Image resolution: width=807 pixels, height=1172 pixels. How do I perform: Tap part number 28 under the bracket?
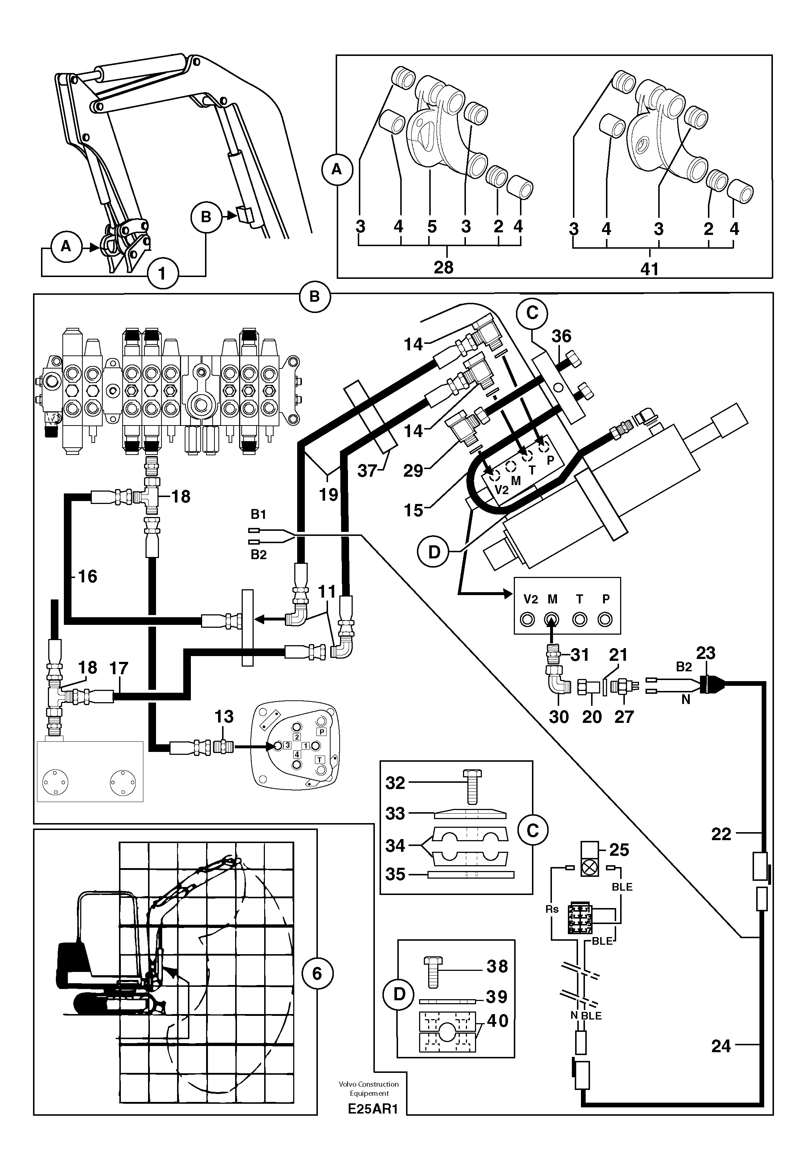click(443, 267)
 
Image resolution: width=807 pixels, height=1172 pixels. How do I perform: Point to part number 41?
click(650, 269)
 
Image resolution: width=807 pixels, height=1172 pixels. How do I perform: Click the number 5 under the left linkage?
click(431, 226)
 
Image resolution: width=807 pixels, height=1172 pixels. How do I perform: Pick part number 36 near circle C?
click(561, 336)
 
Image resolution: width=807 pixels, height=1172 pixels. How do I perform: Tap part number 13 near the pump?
click(224, 716)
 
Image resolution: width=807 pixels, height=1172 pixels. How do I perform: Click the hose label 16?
click(87, 576)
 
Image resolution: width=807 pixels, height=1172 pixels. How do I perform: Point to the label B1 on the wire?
click(258, 514)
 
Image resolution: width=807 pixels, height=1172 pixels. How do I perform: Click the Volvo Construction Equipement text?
click(369, 1088)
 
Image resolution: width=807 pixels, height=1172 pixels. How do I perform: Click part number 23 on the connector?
click(705, 653)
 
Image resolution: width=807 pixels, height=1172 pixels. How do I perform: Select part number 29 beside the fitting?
click(413, 471)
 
